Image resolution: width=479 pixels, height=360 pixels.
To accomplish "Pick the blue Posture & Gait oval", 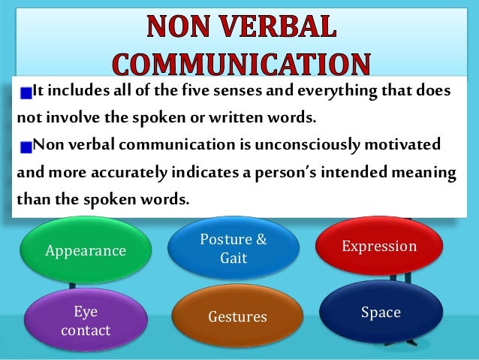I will pos(233,249).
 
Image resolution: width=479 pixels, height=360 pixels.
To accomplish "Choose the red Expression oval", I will pos(378,247).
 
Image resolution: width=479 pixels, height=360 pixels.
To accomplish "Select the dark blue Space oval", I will pos(380,312).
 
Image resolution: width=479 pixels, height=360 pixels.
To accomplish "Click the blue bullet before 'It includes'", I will pos(26,93).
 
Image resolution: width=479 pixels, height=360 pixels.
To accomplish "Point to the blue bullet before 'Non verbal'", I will pos(26,145).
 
